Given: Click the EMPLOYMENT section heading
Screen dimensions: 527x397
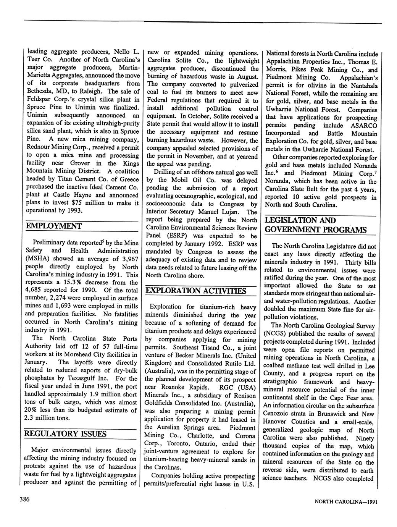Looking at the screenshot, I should point(53,226).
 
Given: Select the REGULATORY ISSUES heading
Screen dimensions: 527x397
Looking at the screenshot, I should point(65,434).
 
